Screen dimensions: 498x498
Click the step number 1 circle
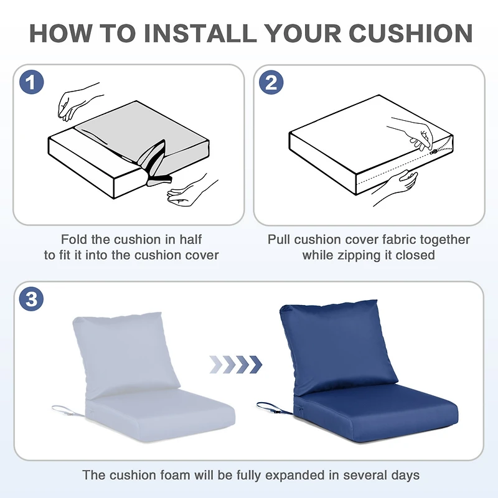32,83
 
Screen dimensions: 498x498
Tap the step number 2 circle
271,83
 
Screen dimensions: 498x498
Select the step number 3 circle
32,299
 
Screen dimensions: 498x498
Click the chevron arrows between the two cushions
235,364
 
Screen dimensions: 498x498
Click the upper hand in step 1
78,100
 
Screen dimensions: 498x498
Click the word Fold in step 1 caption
73,240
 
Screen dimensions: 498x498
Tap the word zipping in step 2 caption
361,255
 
